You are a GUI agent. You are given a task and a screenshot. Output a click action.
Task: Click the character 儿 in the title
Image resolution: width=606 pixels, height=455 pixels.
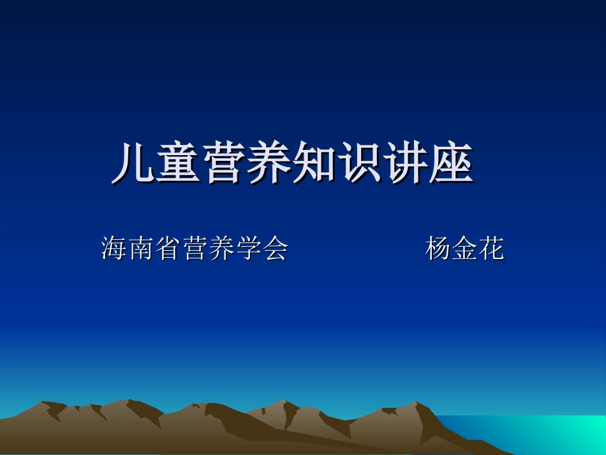click(134, 164)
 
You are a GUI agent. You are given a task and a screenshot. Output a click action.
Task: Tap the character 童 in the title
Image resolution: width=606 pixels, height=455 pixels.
click(179, 164)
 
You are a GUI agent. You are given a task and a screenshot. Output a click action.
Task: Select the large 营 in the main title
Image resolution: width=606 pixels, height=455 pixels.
click(225, 164)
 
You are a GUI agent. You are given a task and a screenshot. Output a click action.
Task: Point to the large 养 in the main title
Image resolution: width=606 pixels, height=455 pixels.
click(270, 164)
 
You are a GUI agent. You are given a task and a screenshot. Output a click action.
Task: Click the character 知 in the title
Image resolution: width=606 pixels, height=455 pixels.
click(315, 164)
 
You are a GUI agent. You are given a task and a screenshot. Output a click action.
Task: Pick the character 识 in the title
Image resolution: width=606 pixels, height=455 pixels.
click(360, 164)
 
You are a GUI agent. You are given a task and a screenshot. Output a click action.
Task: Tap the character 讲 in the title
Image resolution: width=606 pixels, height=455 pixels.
click(406, 164)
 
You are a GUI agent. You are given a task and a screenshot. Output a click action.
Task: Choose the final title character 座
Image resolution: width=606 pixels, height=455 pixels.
click(451, 164)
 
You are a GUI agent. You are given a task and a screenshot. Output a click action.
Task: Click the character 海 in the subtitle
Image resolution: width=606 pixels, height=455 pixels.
click(114, 248)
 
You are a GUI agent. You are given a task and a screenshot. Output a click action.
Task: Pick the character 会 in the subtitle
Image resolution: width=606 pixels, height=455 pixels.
click(275, 248)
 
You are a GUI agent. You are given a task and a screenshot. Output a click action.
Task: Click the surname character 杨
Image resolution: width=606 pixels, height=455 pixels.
click(438, 248)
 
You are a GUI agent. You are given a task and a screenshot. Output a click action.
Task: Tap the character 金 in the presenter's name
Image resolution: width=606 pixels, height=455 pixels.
click(465, 248)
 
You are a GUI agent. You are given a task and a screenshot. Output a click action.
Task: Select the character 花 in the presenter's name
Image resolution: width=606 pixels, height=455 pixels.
click(491, 248)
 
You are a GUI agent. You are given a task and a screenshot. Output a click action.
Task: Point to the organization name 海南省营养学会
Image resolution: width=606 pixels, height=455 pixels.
click(195, 248)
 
